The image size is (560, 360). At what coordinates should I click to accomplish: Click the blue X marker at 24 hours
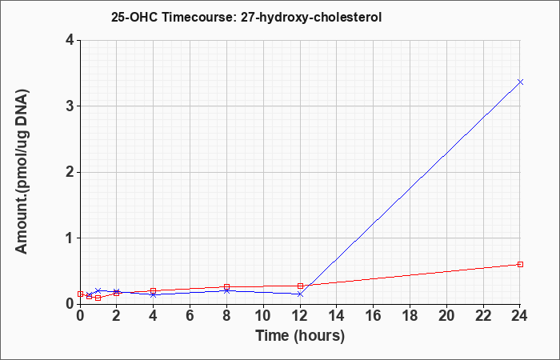pos(520,82)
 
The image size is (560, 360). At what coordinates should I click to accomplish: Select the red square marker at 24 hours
pos(520,264)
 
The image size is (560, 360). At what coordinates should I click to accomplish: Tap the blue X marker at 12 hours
pos(300,294)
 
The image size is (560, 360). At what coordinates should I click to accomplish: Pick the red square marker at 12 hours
pos(300,286)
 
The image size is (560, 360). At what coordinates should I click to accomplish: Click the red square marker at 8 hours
pos(226,286)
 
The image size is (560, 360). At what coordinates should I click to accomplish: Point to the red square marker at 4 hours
pos(154,290)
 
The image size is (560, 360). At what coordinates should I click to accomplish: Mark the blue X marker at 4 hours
pos(154,294)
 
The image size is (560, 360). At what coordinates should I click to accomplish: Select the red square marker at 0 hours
pos(80,294)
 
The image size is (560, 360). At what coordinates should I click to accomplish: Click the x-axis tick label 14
pos(337,316)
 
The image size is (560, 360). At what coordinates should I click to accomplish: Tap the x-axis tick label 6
pos(190,316)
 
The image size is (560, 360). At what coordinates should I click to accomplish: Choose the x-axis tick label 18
pos(410,316)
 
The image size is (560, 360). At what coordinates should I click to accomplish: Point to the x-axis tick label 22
pos(483,316)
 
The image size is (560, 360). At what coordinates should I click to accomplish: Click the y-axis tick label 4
pos(70,40)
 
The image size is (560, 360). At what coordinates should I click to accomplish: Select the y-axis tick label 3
pos(70,106)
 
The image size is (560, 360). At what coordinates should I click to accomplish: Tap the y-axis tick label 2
pos(70,172)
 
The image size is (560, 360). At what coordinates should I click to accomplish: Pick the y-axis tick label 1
pos(70,238)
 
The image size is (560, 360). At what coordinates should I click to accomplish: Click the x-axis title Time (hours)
pos(300,336)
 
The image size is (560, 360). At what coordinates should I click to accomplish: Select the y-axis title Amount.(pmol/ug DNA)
pos(22,172)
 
